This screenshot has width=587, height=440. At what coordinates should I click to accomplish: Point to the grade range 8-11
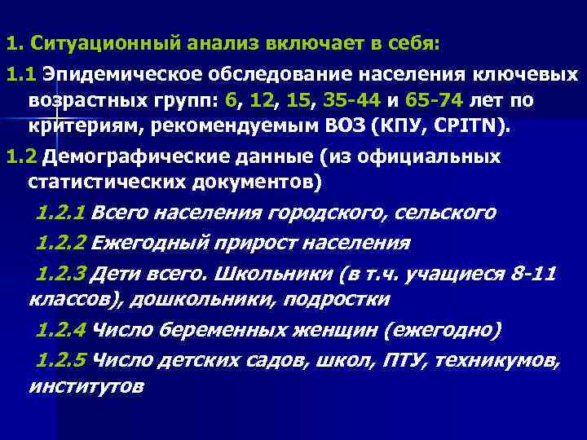pyautogui.click(x=534, y=273)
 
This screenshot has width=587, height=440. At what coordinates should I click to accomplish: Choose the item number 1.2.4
pyautogui.click(x=62, y=330)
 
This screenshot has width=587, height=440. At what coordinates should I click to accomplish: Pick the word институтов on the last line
pyautogui.click(x=86, y=385)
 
